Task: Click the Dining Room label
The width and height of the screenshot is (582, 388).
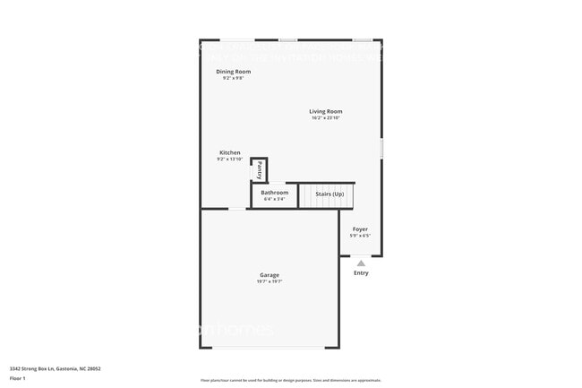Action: [x=233, y=71]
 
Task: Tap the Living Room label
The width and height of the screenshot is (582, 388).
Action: [x=326, y=111]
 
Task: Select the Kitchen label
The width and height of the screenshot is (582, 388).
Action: [x=229, y=152]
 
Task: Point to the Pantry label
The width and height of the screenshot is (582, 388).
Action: [x=259, y=169]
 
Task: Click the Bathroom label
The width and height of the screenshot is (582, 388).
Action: [x=274, y=193]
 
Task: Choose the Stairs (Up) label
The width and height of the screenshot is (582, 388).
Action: [x=329, y=194]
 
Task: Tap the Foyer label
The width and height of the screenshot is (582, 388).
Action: [x=360, y=229]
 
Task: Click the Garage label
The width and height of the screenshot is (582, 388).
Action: [x=270, y=275]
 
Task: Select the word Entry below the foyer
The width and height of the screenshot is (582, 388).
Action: [x=361, y=273]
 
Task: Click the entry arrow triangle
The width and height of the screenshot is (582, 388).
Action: [x=361, y=263]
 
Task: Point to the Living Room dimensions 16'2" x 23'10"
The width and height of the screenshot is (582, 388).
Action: [x=326, y=118]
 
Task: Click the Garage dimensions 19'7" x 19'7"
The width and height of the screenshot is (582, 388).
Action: [x=270, y=281]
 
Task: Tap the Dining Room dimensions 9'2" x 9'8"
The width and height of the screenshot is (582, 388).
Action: [x=233, y=78]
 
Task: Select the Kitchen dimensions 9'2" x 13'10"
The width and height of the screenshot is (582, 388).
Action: [x=229, y=160]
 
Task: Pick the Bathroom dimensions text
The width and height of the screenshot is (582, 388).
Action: [x=274, y=199]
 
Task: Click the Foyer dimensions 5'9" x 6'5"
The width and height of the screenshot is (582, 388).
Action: [x=360, y=236]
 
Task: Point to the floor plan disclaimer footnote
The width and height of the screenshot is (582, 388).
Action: [x=290, y=380]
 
